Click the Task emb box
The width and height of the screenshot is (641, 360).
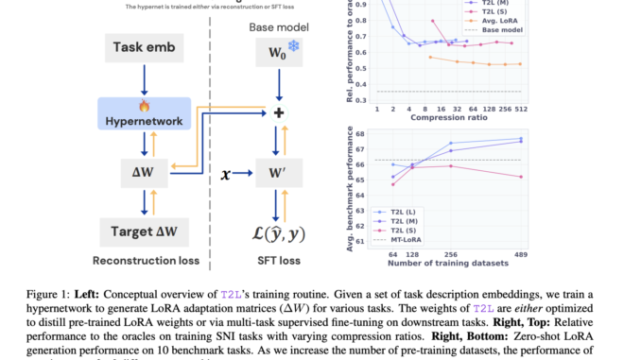coord(142,47)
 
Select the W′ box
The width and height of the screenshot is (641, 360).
coord(278,173)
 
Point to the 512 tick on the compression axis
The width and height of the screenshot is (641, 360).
coord(519,109)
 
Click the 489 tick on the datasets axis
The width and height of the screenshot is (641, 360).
coord(520,254)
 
